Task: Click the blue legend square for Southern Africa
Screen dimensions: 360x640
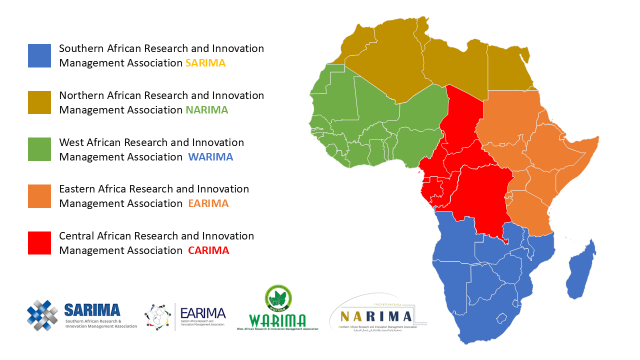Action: (x=39, y=55)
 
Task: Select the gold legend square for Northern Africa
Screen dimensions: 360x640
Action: (x=39, y=102)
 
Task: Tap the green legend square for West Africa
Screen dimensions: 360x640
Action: (x=39, y=149)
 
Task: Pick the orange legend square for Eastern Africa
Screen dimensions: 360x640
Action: (x=39, y=196)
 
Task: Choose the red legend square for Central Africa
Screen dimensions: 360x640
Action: (x=39, y=243)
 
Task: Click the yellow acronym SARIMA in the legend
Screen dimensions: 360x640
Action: (x=205, y=63)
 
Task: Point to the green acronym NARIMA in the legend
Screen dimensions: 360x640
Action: (x=207, y=110)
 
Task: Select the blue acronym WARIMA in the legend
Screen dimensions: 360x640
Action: (x=210, y=157)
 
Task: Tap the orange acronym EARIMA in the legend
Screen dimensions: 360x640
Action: (x=208, y=203)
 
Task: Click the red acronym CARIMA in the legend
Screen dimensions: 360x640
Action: (x=208, y=250)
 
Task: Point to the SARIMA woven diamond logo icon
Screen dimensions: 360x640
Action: (x=42, y=315)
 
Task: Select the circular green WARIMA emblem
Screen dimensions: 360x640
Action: (x=278, y=298)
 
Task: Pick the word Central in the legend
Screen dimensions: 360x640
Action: (x=76, y=235)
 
